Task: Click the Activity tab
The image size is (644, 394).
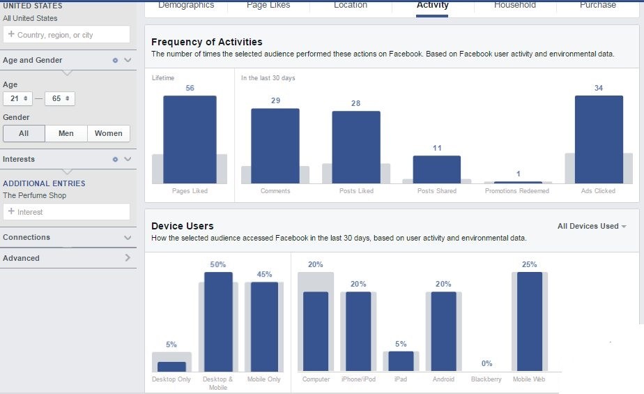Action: click(x=432, y=6)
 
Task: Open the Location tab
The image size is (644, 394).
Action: click(x=351, y=6)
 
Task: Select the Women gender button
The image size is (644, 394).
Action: click(x=109, y=133)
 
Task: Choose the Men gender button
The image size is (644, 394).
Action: click(x=66, y=133)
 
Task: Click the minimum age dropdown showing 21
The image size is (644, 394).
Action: click(x=18, y=99)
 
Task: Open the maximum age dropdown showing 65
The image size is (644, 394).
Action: click(x=60, y=99)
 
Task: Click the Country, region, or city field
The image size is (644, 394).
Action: click(x=66, y=35)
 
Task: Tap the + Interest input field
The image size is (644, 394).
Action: click(x=66, y=212)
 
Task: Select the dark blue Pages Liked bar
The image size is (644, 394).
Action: click(x=190, y=139)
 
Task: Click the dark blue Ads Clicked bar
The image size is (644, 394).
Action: click(x=599, y=139)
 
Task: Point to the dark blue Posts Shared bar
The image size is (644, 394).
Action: click(x=437, y=169)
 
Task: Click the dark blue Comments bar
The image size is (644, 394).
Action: click(x=275, y=146)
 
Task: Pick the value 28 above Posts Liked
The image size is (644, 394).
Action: click(x=356, y=103)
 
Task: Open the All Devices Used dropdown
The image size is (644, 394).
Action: click(x=592, y=226)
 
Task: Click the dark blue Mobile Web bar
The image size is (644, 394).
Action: click(x=530, y=321)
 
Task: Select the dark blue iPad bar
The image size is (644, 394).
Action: click(x=401, y=361)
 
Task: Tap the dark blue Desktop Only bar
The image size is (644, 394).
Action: click(x=171, y=366)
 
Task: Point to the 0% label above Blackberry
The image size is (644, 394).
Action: click(x=486, y=363)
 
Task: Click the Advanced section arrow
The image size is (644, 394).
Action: click(x=128, y=258)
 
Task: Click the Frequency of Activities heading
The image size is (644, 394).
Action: click(x=207, y=42)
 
